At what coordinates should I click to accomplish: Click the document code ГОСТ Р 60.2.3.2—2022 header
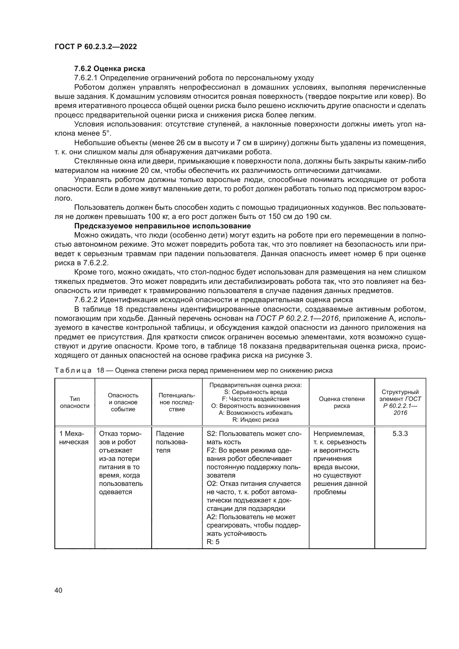click(x=95, y=47)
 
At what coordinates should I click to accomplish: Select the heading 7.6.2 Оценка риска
click(x=110, y=69)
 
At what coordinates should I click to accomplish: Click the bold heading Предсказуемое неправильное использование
click(x=163, y=226)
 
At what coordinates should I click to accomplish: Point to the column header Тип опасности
click(x=75, y=402)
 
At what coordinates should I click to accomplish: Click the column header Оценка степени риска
click(x=342, y=402)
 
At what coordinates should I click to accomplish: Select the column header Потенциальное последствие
click(x=177, y=402)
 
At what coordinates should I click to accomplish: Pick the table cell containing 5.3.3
click(x=400, y=434)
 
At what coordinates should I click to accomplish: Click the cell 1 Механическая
click(x=74, y=438)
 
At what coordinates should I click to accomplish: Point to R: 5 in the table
click(x=213, y=542)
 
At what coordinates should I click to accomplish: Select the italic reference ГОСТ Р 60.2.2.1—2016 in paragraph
click(x=297, y=318)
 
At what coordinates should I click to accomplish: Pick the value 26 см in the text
click(x=185, y=143)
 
